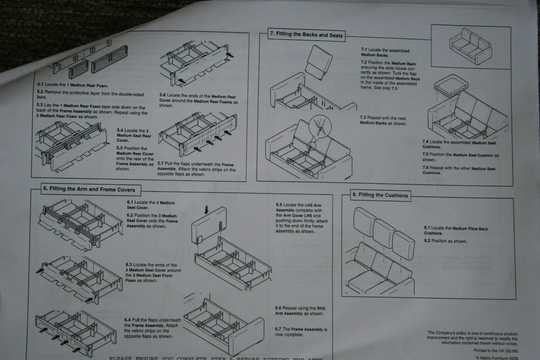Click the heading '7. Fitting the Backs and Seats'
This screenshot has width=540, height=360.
click(306, 35)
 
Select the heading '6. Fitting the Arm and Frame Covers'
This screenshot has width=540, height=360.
click(89, 189)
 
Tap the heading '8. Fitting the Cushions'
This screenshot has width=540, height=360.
click(380, 195)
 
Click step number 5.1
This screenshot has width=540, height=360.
click(40, 85)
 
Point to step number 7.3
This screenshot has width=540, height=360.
click(363, 118)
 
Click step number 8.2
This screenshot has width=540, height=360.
click(427, 241)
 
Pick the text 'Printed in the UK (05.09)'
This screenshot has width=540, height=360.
click(495, 351)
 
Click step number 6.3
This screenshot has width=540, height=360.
click(129, 265)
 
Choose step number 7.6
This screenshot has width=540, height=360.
click(425, 168)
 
